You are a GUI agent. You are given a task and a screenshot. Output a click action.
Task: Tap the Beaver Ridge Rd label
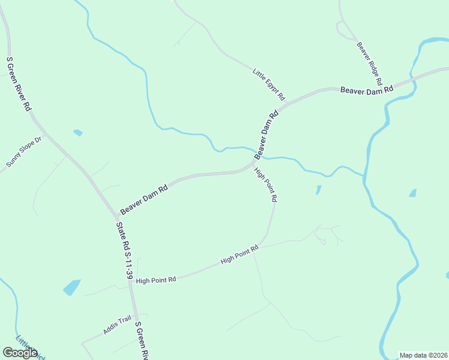tap(370, 62)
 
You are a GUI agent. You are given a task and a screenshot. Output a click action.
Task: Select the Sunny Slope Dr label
tap(24, 152)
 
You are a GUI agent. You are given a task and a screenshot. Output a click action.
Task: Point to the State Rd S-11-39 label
tap(125, 250)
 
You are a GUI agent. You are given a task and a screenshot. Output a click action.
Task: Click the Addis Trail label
tap(116, 325)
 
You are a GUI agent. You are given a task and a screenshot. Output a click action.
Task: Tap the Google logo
tap(20, 353)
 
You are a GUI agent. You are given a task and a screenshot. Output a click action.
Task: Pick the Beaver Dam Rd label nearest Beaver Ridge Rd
tap(366, 89)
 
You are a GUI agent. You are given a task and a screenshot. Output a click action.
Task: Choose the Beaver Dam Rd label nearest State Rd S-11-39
tap(143, 199)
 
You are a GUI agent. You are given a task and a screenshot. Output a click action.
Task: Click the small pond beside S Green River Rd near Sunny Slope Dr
tap(77, 133)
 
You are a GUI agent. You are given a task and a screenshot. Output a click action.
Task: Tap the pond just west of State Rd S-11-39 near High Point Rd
tap(71, 287)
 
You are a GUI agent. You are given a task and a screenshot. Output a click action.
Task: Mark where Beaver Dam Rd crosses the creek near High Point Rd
tap(260, 155)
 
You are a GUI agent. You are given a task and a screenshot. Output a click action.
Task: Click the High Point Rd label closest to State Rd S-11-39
tap(156, 280)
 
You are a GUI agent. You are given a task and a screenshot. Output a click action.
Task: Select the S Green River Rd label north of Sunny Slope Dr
tap(18, 84)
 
